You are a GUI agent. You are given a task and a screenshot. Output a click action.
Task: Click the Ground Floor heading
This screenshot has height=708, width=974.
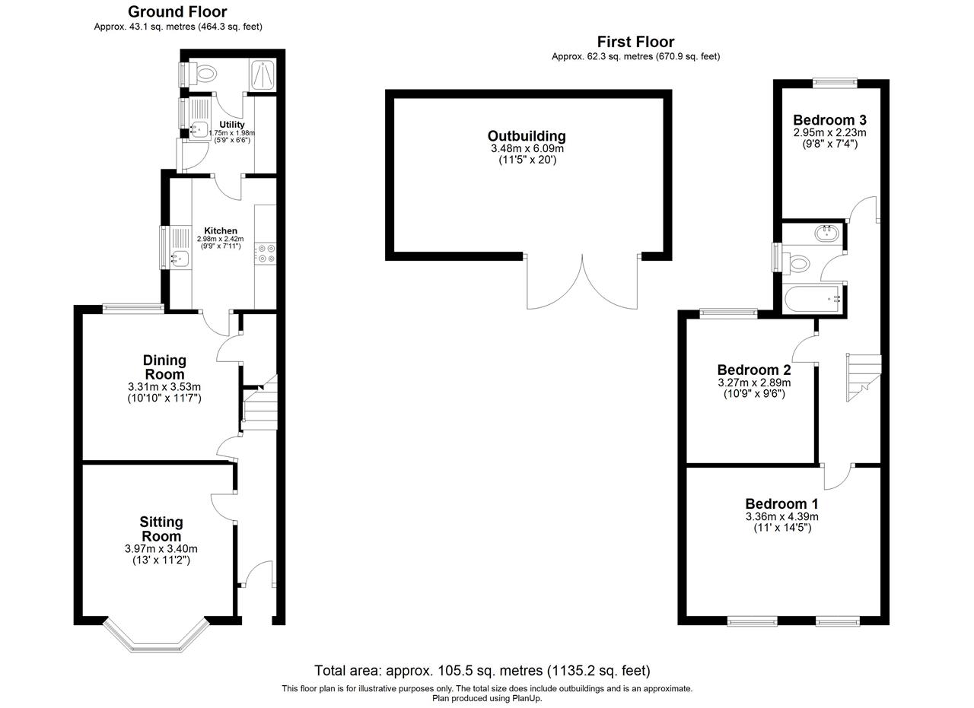click(177, 11)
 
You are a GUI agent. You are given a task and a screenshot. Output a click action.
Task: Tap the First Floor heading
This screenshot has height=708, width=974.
click(635, 42)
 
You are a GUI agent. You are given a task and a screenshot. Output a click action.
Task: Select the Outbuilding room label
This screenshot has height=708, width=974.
click(527, 136)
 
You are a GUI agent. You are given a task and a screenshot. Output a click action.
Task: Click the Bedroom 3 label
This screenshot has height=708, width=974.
click(829, 119)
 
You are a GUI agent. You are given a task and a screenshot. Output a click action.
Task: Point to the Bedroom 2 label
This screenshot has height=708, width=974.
click(754, 370)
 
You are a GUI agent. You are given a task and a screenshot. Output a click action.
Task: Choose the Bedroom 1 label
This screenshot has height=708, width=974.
click(781, 503)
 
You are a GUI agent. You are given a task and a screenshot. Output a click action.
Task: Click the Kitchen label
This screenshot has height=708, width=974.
click(221, 230)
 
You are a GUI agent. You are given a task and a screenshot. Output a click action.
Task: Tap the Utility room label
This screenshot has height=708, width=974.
click(232, 125)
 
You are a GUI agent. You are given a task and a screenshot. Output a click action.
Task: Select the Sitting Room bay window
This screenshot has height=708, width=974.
click(156, 635)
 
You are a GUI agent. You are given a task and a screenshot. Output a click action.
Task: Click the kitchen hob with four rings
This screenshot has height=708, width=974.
click(266, 253)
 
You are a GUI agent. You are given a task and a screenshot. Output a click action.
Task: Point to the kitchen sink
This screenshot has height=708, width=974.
click(180, 259)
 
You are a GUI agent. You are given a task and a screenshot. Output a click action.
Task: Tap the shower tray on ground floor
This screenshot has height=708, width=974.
click(263, 75)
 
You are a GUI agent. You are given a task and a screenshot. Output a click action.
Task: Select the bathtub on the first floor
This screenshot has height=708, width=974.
click(813, 299)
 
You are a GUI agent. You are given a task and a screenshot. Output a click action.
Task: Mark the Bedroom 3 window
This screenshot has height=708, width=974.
click(835, 83)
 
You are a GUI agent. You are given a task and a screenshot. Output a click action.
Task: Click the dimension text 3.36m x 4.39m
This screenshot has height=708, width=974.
click(781, 517)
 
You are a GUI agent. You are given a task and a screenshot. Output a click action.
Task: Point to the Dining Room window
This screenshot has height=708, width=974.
click(133, 309)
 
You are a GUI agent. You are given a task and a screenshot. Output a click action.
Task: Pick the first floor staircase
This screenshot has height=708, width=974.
click(864, 377)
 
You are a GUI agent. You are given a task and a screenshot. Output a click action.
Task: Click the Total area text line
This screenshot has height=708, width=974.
click(482, 671)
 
